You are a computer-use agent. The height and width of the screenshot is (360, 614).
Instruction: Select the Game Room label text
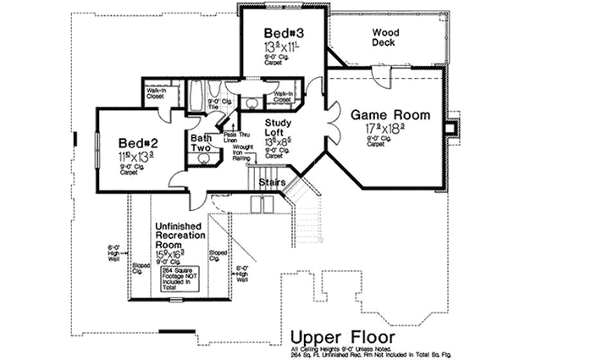pyautogui.click(x=390, y=114)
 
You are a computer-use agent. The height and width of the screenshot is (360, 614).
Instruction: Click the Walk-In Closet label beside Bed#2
pyautogui.click(x=156, y=94)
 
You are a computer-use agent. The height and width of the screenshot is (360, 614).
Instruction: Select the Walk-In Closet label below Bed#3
pyautogui.click(x=283, y=97)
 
